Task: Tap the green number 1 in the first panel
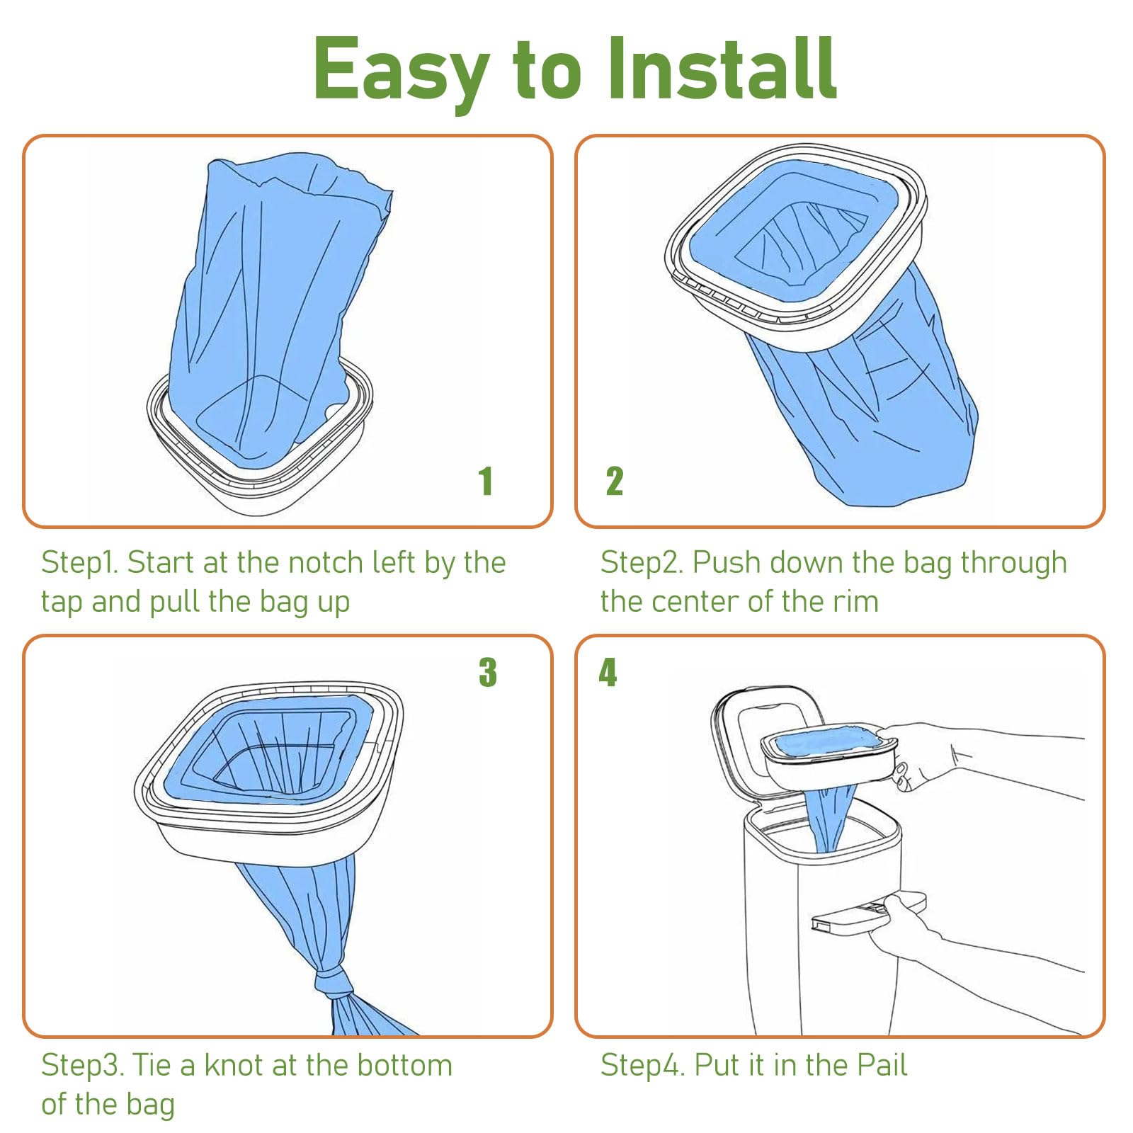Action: pyautogui.click(x=485, y=482)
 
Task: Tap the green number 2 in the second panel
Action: pyautogui.click(x=614, y=482)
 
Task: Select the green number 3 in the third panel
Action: pyautogui.click(x=487, y=672)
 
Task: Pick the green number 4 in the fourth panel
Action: pyautogui.click(x=608, y=672)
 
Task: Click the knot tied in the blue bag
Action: pyautogui.click(x=333, y=983)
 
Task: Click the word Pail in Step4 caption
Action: pyautogui.click(x=882, y=1065)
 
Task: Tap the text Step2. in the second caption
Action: pyautogui.click(x=642, y=563)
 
